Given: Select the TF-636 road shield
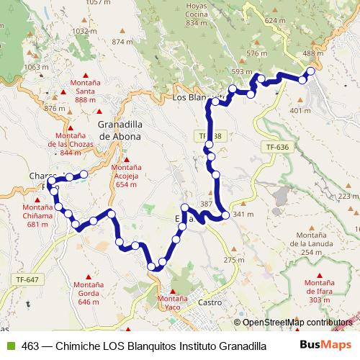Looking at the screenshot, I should click(x=277, y=147).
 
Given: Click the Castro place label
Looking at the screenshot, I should click(x=210, y=303).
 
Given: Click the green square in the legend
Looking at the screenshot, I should click(x=9, y=346).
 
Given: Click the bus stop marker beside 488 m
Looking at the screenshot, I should click(x=311, y=71).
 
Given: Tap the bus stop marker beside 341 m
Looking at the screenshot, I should click(x=225, y=215).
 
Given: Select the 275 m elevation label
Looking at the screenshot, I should click(x=230, y=260).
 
